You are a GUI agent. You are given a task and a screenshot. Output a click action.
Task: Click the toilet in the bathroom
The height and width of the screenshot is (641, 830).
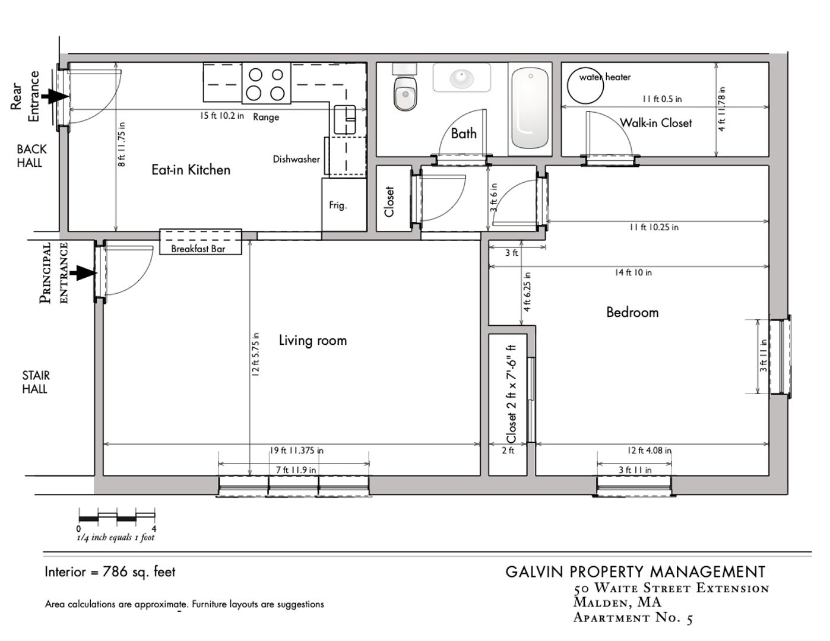click(x=406, y=92)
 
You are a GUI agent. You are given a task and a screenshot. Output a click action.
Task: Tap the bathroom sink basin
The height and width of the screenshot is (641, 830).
click(x=461, y=78)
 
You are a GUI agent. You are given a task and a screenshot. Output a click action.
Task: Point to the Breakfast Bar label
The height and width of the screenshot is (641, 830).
click(x=198, y=249)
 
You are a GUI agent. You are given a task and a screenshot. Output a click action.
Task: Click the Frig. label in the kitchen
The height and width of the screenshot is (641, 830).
click(x=338, y=206)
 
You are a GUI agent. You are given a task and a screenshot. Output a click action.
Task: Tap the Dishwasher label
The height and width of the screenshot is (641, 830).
click(x=296, y=159)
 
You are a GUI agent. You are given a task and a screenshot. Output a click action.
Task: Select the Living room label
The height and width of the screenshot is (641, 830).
click(x=312, y=341)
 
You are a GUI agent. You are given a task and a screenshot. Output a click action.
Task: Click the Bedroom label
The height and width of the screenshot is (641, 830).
click(x=632, y=312)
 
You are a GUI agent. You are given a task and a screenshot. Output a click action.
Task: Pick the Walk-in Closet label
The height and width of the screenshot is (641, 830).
click(x=656, y=123)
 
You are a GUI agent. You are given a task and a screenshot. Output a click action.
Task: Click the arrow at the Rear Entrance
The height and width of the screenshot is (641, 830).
click(x=57, y=96)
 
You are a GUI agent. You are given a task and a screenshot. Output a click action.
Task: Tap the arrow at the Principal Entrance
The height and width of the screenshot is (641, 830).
click(x=83, y=272)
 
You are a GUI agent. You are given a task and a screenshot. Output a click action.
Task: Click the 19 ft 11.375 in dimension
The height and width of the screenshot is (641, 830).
click(x=297, y=450)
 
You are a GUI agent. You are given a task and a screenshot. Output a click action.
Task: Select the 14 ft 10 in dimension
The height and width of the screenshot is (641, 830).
click(x=633, y=272)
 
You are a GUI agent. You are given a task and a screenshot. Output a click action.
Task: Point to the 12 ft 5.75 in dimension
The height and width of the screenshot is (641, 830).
click(x=255, y=354)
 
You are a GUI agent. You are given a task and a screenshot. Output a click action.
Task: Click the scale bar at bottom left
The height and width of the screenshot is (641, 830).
click(x=117, y=516)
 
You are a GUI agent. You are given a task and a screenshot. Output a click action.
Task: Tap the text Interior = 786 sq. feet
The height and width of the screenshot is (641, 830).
click(x=110, y=572)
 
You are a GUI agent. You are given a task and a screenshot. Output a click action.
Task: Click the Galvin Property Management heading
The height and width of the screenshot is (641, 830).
click(x=635, y=572)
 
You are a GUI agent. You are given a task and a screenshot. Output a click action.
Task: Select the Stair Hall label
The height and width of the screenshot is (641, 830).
click(x=36, y=382)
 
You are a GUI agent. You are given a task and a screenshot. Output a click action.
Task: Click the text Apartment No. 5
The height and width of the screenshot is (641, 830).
click(x=633, y=618)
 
